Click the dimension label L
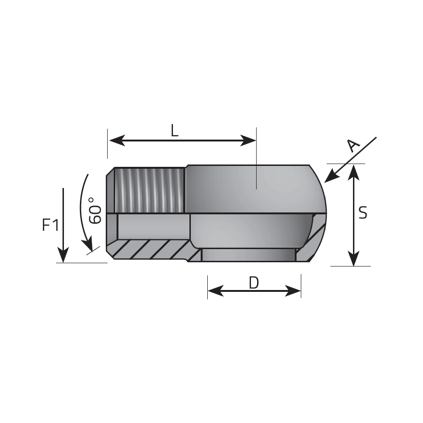(175, 131)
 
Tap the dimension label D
(254, 283)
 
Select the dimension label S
(363, 212)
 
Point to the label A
(353, 146)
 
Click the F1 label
(51, 225)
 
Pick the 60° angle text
(95, 211)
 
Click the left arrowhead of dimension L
(117, 141)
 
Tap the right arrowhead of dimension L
(248, 141)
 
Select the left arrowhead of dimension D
(216, 291)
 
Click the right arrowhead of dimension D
(293, 291)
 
